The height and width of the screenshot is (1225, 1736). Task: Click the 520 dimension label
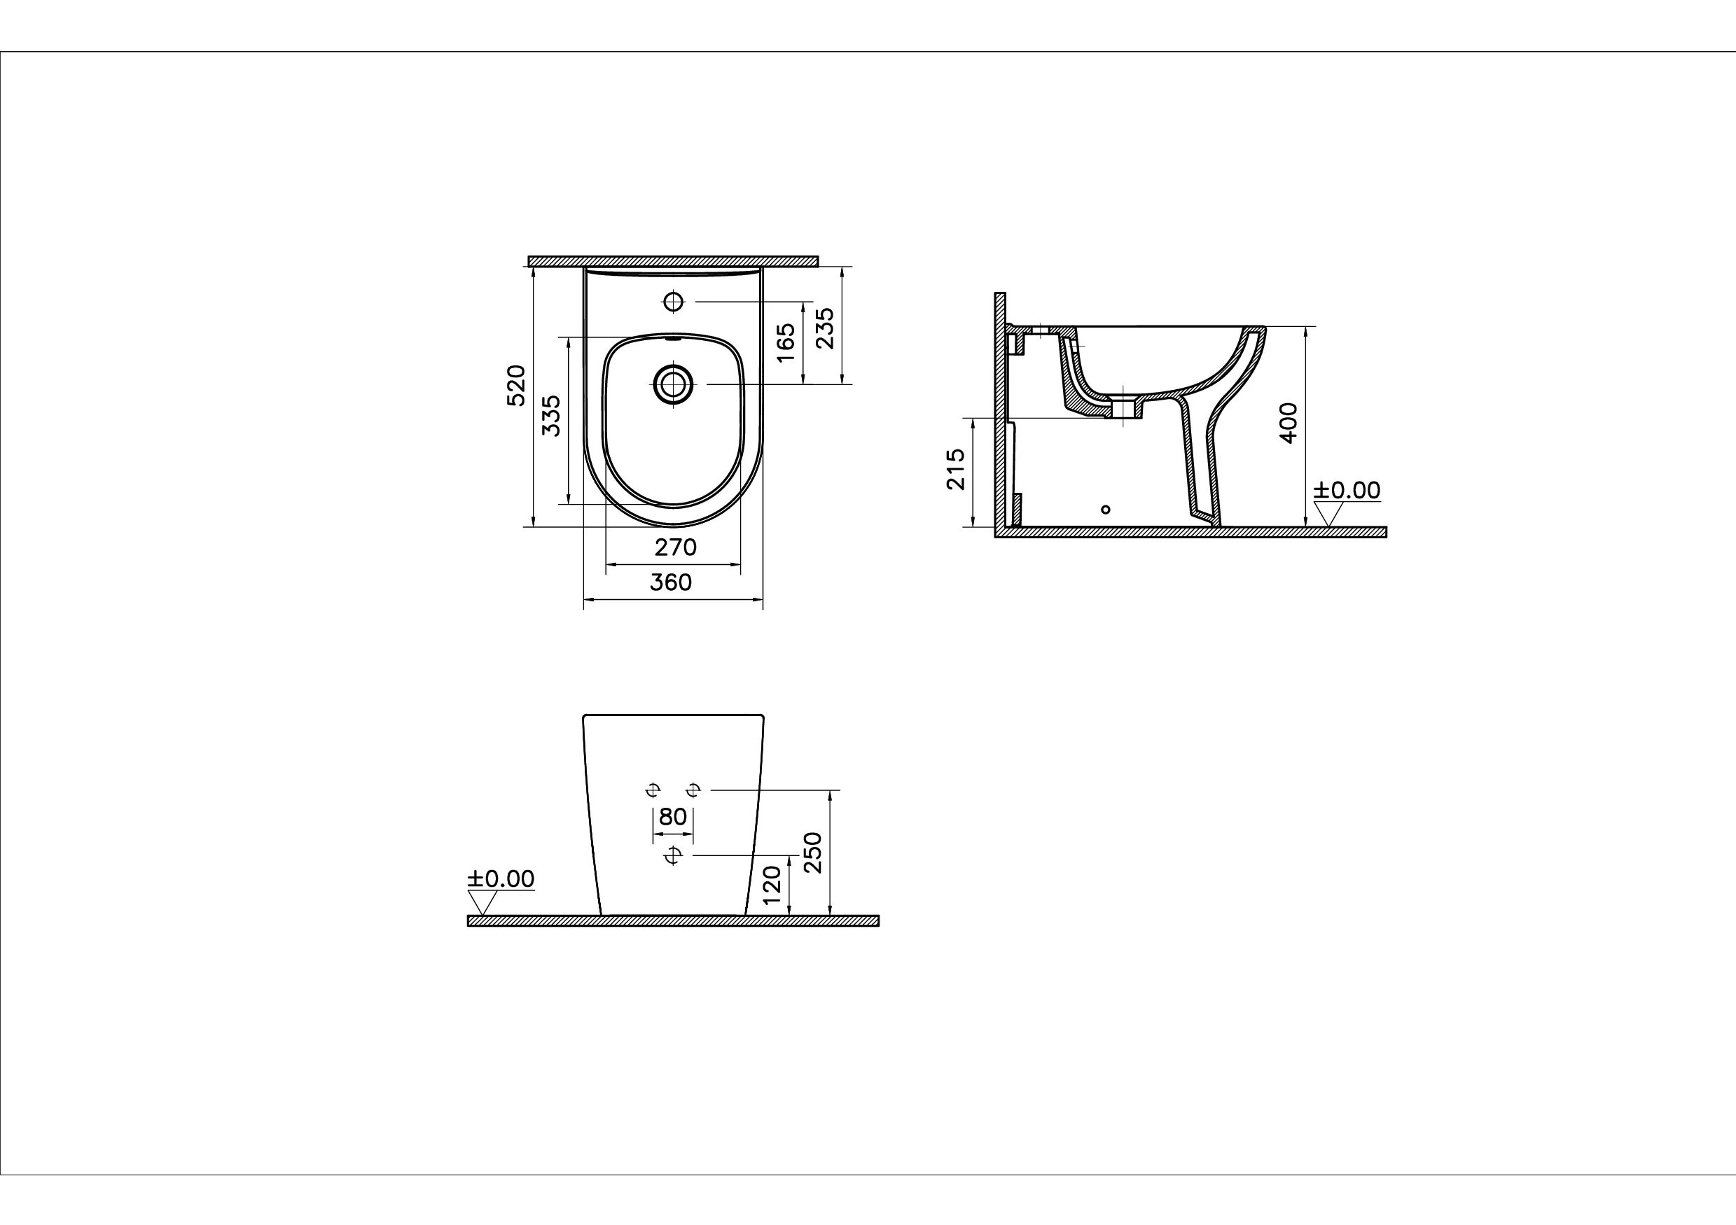click(x=515, y=386)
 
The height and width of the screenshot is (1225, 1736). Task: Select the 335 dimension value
click(x=553, y=415)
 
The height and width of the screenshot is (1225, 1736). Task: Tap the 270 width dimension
click(x=675, y=547)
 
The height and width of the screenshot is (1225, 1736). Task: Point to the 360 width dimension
click(x=671, y=582)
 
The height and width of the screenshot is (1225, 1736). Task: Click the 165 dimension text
click(x=786, y=342)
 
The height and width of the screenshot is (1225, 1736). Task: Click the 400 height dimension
click(x=1289, y=423)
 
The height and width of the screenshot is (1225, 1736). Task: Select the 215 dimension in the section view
click(x=957, y=469)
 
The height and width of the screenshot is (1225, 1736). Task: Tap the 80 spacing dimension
click(x=673, y=817)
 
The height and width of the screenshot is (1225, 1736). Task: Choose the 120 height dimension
click(x=771, y=886)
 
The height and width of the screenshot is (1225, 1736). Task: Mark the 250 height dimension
click(x=813, y=853)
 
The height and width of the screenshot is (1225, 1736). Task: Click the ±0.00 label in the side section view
click(x=1347, y=491)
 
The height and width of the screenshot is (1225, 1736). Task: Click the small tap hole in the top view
click(x=673, y=302)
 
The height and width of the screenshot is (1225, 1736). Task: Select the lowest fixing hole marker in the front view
click(x=672, y=855)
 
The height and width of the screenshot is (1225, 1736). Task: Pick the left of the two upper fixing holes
click(x=653, y=790)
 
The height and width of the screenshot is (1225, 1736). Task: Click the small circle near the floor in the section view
click(x=1106, y=510)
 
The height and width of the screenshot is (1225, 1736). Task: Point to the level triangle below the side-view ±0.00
click(x=1328, y=514)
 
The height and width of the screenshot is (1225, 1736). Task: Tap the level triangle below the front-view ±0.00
click(x=482, y=902)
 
